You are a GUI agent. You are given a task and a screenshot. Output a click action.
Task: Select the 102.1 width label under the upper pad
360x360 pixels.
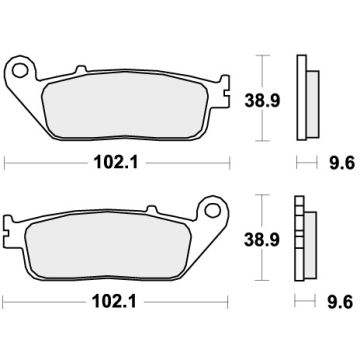[x=119, y=158]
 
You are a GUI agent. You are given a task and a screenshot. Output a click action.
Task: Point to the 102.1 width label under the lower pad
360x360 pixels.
[x=119, y=299]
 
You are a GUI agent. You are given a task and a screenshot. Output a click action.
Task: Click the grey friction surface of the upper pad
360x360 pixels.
[x=119, y=104]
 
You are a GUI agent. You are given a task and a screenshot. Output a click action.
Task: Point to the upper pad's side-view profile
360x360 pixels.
[x=305, y=101]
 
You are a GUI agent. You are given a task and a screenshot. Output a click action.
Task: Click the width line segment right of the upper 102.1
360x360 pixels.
[x=185, y=158]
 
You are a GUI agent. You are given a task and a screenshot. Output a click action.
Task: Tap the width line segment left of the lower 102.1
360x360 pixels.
[x=50, y=299]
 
